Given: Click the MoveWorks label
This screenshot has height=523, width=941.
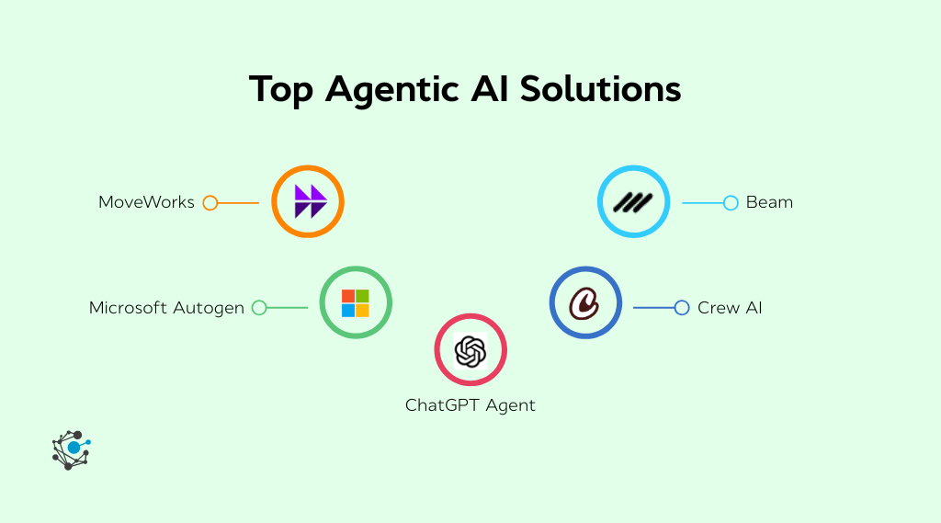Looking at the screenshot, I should [146, 202].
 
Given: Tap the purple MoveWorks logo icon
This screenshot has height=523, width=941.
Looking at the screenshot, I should [309, 202].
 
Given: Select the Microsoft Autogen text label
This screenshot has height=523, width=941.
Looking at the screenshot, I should [166, 308].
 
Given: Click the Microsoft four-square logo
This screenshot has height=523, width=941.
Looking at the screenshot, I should [356, 303].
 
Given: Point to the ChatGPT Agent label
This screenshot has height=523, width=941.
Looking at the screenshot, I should [470, 404].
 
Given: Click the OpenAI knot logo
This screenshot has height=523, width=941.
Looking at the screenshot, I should [470, 350].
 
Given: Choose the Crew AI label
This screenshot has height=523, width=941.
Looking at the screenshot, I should [730, 308].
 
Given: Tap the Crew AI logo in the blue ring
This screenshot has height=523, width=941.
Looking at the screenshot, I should [584, 303].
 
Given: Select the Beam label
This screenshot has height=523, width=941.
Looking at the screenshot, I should [769, 202].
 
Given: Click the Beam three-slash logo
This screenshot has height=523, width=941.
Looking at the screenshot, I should [633, 202].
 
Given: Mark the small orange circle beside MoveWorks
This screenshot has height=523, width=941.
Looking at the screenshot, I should [210, 202].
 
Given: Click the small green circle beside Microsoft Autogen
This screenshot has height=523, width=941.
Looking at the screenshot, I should [259, 308].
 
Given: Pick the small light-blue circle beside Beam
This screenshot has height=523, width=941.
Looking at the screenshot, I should [731, 202].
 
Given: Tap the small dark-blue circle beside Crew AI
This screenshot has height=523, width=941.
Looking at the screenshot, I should [681, 308].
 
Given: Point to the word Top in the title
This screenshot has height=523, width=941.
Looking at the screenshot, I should [282, 90].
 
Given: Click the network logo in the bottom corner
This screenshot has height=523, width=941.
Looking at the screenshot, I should [71, 449].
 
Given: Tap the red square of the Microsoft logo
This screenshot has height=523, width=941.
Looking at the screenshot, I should [348, 296].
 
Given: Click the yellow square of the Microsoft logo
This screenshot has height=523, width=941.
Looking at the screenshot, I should [362, 311].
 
